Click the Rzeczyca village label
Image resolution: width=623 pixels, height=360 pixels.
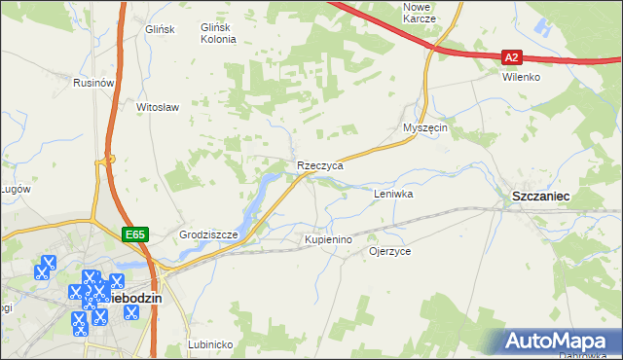[320, 166]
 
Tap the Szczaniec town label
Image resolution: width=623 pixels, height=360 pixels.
[540, 197]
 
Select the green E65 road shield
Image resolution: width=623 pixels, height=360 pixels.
[134, 234]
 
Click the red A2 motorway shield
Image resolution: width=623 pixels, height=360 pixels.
[513, 57]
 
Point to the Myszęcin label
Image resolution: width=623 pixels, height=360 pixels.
[424, 128]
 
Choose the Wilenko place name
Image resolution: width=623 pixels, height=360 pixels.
[521, 77]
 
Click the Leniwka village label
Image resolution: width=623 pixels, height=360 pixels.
[394, 195]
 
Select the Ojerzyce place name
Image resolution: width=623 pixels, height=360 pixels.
[389, 251]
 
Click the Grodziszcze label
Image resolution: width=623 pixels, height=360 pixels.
[209, 235]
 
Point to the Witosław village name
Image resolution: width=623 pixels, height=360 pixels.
[158, 107]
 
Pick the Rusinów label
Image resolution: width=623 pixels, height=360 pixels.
[94, 84]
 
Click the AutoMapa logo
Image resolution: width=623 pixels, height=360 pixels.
[560, 342]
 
